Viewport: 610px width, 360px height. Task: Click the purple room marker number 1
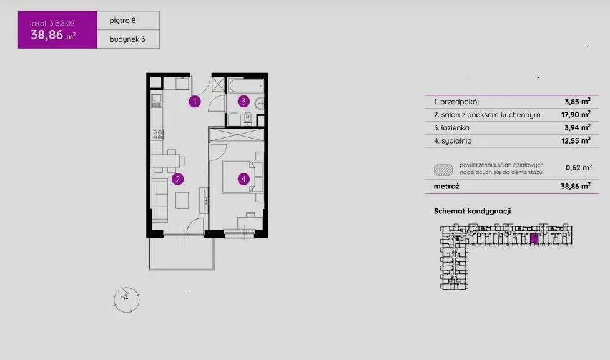[195, 102]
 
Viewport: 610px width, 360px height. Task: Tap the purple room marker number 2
[178, 179]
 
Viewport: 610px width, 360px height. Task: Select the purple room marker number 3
[244, 102]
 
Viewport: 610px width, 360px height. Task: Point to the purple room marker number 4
[244, 179]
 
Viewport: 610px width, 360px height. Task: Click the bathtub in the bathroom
[246, 86]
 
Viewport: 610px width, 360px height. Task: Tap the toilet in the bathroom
[247, 119]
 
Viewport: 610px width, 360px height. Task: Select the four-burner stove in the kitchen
[157, 135]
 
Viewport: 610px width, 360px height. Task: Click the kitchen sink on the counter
[156, 100]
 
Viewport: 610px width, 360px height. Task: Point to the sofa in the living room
[159, 201]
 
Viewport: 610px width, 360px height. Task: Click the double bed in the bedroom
[243, 177]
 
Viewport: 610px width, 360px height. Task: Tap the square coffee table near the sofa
[182, 201]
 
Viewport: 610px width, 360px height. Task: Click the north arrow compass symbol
[127, 299]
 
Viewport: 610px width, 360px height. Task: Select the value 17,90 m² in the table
[576, 114]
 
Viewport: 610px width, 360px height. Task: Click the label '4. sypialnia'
[453, 141]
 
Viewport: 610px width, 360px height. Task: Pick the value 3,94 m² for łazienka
[578, 127]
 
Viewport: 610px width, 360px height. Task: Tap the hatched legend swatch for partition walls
[443, 170]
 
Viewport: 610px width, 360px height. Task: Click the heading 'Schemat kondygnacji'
[472, 211]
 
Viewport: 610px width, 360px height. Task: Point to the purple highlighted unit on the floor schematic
[534, 239]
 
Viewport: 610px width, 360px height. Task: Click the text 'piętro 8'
[122, 21]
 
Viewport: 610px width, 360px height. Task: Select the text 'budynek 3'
[127, 39]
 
